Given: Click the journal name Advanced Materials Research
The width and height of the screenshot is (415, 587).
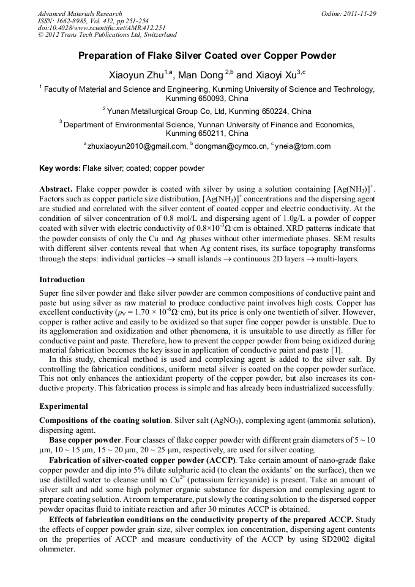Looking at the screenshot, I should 80,13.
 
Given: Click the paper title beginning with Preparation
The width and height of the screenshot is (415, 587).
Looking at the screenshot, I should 207,56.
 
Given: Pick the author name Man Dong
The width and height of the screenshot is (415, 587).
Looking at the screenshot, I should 203,75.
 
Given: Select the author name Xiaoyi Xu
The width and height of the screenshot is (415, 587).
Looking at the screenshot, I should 275,75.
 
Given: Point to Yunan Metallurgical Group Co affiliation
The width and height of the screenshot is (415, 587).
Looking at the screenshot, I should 184,111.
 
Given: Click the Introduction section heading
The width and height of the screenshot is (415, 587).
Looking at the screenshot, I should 62,279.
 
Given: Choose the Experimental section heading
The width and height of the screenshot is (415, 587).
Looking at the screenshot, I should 64,406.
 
